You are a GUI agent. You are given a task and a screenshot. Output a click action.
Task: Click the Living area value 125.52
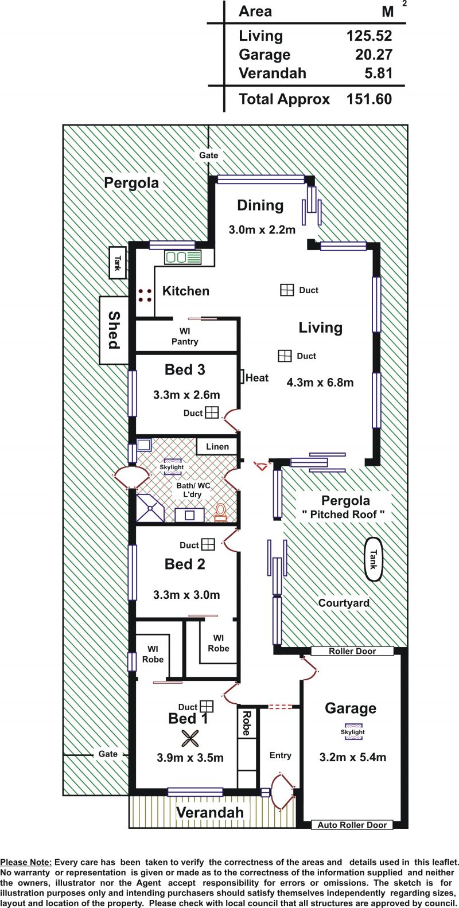pyautogui.click(x=369, y=36)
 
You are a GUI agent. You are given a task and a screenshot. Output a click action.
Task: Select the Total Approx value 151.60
pyautogui.click(x=369, y=99)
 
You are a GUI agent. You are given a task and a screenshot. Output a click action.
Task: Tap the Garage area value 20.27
pyautogui.click(x=374, y=54)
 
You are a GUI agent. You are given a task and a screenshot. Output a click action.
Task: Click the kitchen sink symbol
pyautogui.click(x=182, y=258)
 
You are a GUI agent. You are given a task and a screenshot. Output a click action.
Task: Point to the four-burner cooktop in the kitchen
pyautogui.click(x=145, y=295)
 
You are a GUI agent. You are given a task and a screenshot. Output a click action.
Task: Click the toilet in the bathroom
pyautogui.click(x=220, y=512)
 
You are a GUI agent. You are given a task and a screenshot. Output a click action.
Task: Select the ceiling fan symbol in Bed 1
pyautogui.click(x=190, y=738)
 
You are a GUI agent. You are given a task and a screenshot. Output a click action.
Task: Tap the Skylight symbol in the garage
pyautogui.click(x=352, y=732)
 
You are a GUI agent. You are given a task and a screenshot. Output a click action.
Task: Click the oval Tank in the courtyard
pyautogui.click(x=373, y=559)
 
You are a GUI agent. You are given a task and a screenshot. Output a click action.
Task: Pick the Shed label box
pyautogui.click(x=114, y=330)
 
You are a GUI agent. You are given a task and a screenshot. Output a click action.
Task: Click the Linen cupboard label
pyautogui.click(x=217, y=446)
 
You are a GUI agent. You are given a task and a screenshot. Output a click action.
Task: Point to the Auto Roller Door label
pyautogui.click(x=352, y=824)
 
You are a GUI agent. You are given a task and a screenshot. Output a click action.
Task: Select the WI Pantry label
pyautogui.click(x=185, y=337)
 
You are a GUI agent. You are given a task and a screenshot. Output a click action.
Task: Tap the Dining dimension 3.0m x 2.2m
pyautogui.click(x=262, y=230)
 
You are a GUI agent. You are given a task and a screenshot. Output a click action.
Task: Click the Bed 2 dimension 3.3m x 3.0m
pyautogui.click(x=186, y=595)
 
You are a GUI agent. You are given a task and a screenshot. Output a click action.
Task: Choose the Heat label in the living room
pyautogui.click(x=257, y=378)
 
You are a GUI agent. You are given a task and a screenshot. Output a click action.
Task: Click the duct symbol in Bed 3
pyautogui.click(x=212, y=412)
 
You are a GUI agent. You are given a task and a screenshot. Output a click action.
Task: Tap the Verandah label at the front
pyautogui.click(x=210, y=812)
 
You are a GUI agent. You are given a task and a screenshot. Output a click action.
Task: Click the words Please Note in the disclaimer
pyautogui.click(x=26, y=863)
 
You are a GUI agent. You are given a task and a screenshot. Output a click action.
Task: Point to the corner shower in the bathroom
pyautogui.click(x=150, y=508)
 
